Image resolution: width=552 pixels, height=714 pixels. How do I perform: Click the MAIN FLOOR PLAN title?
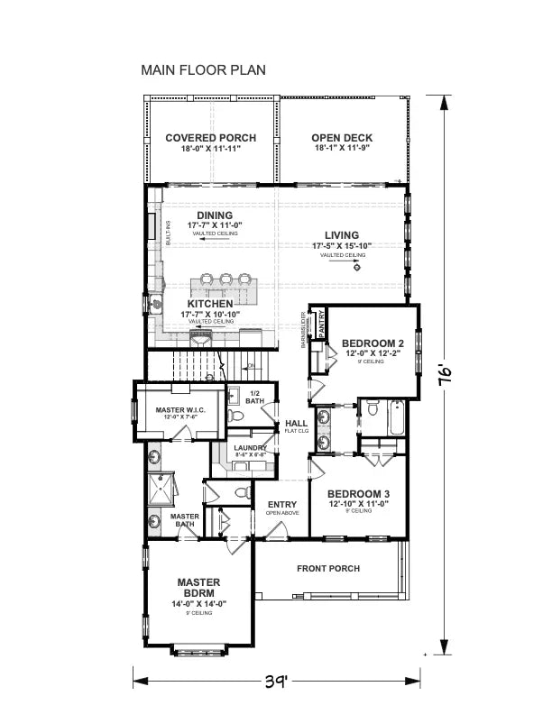point(203,70)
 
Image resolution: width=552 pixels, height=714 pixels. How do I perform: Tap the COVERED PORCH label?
point(210,138)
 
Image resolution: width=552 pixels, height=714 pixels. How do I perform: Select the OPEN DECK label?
point(342,138)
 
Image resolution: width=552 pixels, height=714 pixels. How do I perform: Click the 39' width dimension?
point(277,680)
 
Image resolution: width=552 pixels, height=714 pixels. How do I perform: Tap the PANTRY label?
point(319,323)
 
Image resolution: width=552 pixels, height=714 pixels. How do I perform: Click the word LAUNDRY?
point(249,448)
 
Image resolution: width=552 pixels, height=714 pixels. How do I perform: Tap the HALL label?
point(296,423)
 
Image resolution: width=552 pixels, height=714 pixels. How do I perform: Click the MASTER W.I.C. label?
point(176,411)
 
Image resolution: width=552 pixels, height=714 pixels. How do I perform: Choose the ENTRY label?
point(282,505)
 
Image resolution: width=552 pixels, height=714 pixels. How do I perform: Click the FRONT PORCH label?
point(328,569)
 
